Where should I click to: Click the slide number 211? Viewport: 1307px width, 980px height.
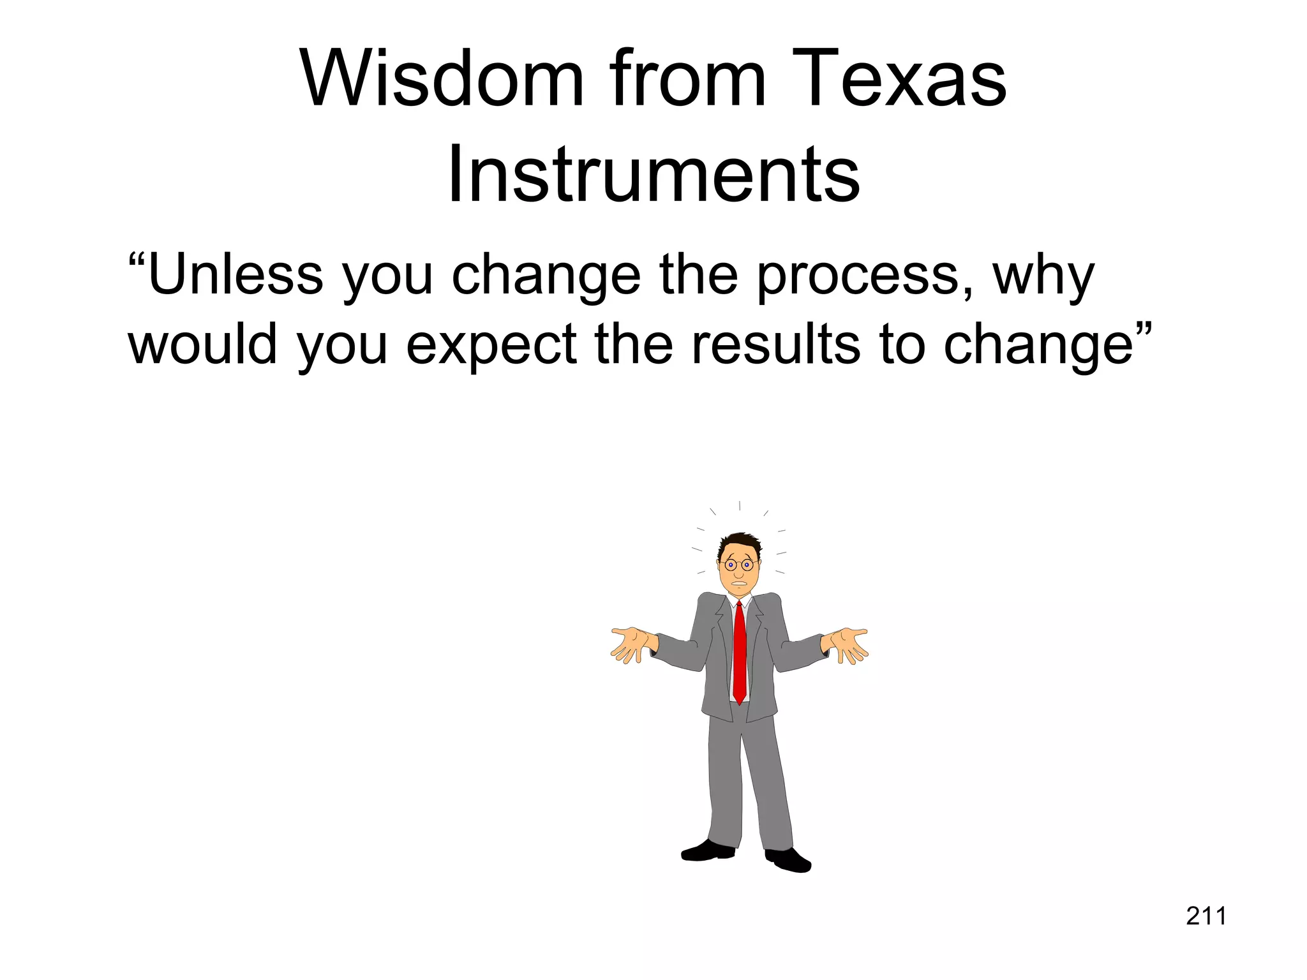[1206, 916]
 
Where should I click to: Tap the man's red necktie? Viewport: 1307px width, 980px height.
[739, 651]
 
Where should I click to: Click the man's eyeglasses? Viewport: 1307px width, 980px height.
[738, 565]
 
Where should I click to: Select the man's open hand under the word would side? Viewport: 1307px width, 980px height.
[632, 643]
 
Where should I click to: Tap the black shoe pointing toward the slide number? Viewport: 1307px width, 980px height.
[788, 859]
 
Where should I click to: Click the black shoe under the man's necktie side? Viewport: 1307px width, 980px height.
[708, 851]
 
